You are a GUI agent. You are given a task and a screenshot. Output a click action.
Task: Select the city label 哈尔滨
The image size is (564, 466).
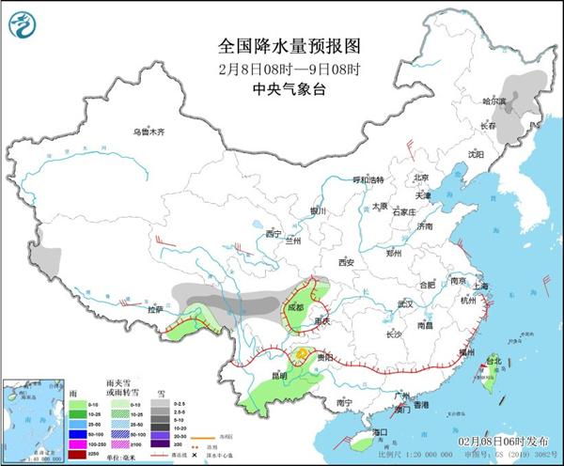[493, 101]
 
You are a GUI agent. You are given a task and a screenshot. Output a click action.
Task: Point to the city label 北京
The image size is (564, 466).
[420, 177]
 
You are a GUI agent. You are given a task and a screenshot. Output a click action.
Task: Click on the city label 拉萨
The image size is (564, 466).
[155, 309]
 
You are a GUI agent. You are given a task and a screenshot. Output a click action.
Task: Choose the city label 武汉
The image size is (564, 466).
[405, 304]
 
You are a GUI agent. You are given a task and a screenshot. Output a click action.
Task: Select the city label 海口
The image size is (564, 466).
[380, 432]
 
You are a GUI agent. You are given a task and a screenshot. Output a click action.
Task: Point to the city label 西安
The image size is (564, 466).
[350, 262]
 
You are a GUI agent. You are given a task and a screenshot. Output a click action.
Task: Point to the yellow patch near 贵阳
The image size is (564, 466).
[302, 353]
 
